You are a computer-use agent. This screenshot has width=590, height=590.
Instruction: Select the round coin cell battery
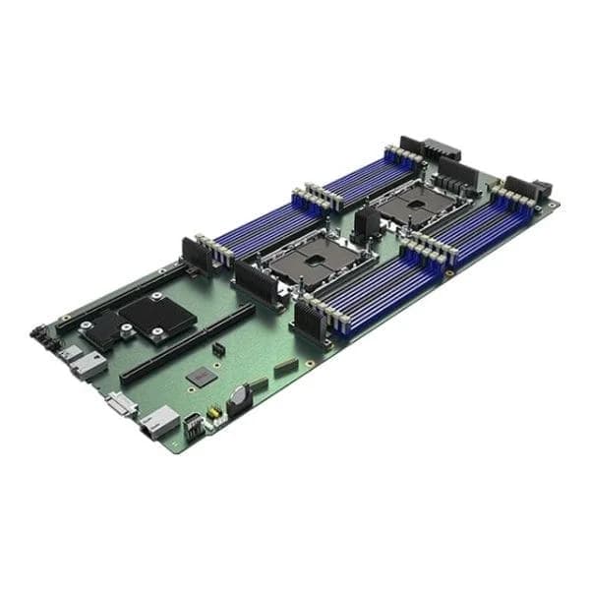click(x=237, y=395)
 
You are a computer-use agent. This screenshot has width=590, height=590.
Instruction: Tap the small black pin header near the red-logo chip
click(x=217, y=349)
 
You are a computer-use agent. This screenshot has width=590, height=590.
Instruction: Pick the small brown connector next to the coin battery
click(x=286, y=367)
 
